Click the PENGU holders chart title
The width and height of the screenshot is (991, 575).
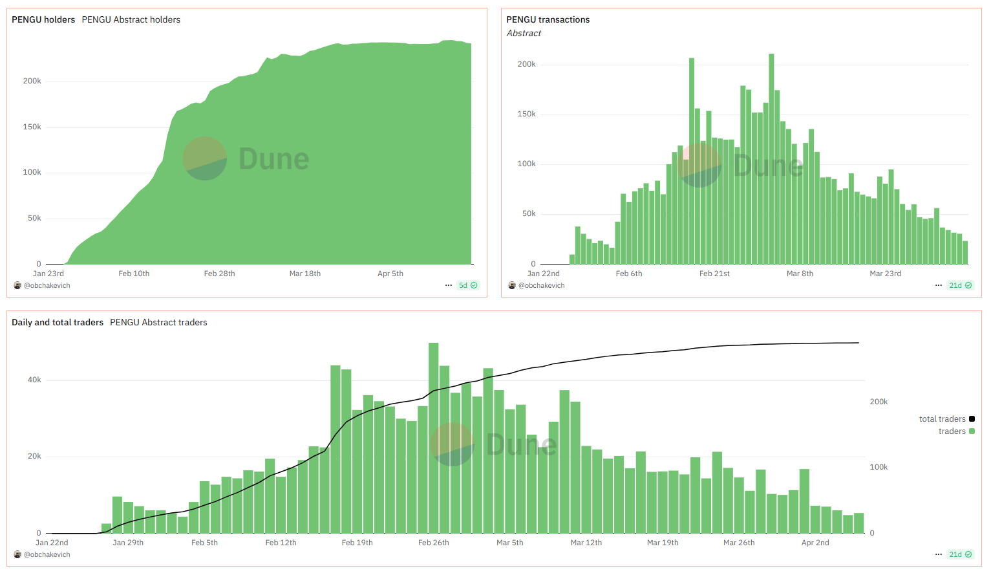click(x=43, y=20)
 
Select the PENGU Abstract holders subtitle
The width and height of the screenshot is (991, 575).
click(x=131, y=20)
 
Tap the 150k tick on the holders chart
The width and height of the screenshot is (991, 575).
click(x=32, y=127)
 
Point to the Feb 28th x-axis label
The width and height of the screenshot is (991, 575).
click(x=219, y=274)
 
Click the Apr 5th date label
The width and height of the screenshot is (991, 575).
click(x=390, y=274)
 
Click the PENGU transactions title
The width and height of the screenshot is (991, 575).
click(x=548, y=20)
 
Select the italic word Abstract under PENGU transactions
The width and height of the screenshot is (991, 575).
click(x=524, y=34)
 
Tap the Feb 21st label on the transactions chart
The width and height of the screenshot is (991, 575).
click(x=714, y=274)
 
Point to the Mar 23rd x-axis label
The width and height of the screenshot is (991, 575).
click(x=885, y=274)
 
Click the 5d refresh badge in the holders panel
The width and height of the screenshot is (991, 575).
click(x=468, y=285)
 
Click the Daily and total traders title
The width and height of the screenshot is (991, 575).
click(x=58, y=322)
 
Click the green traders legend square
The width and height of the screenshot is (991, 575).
click(x=972, y=431)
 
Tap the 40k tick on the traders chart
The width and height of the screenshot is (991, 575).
click(x=34, y=380)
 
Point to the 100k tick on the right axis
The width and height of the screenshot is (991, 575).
click(x=879, y=467)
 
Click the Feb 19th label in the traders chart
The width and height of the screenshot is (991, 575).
click(x=357, y=543)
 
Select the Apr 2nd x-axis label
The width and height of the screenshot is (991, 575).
click(x=815, y=543)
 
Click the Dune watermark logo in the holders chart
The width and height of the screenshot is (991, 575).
click(x=205, y=158)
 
